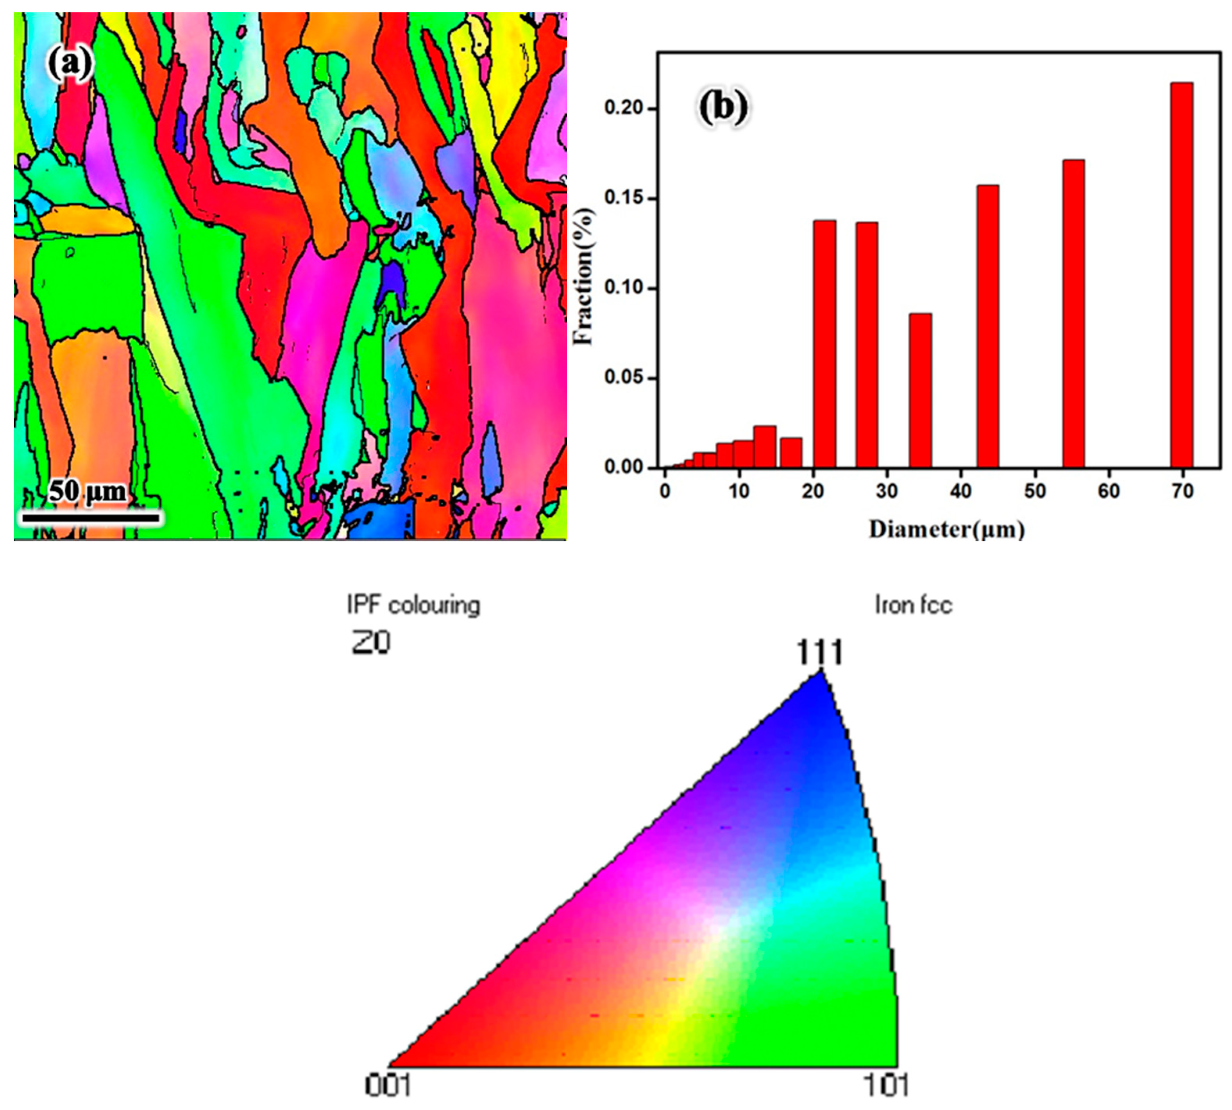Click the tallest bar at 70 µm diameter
(1181, 275)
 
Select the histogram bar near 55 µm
(1073, 314)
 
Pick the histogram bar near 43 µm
(987, 326)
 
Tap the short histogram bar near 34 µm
(919, 390)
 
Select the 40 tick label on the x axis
(960, 491)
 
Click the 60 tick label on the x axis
(1109, 491)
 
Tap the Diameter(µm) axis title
(946, 529)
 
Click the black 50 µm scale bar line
(90, 518)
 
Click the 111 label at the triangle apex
(819, 653)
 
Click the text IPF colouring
(413, 606)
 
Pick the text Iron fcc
(913, 606)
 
